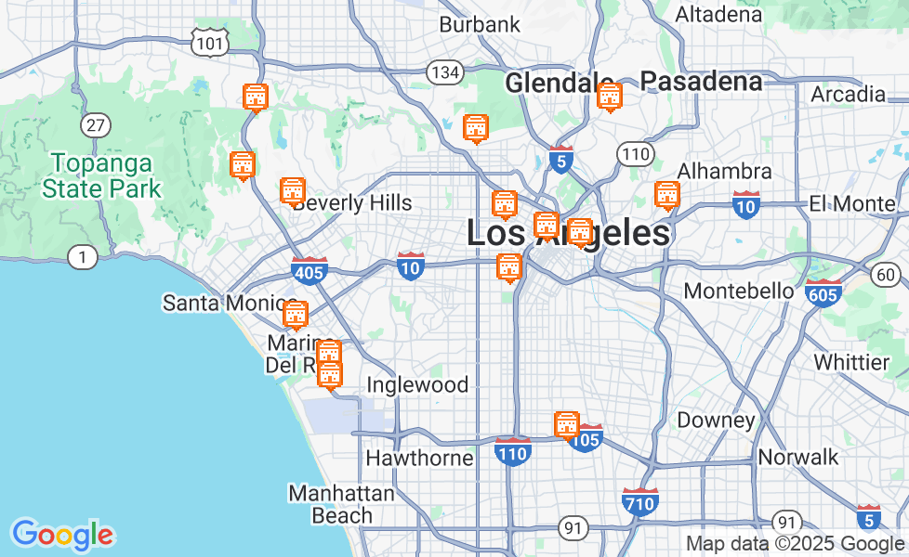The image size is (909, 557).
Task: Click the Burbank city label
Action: point(480,24)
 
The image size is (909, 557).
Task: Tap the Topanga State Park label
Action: point(101,176)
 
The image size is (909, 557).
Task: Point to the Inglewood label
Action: point(417,385)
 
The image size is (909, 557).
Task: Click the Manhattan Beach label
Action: point(341,504)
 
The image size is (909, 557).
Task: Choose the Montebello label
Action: point(739,291)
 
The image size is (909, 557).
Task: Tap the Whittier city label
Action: point(851,361)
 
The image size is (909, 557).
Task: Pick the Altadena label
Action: point(718,15)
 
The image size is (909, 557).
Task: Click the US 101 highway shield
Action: point(209,42)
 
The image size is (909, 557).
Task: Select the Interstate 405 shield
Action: point(309,271)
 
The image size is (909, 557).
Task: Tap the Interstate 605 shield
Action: point(823,293)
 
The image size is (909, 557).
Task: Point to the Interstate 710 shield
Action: point(640,501)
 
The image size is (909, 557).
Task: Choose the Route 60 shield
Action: point(887,274)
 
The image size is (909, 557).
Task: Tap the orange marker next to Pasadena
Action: point(609,96)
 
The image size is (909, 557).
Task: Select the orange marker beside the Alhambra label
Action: point(666,195)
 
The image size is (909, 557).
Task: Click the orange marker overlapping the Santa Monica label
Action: point(296,315)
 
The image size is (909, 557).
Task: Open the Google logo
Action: point(62,535)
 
